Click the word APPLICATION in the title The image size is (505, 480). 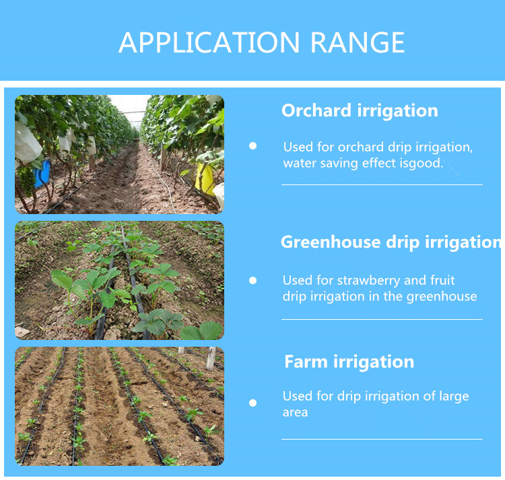point(210,43)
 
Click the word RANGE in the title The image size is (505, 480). point(358,43)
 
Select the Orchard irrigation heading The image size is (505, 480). point(360,111)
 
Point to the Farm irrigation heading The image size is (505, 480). point(349,362)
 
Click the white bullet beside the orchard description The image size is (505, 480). point(253,145)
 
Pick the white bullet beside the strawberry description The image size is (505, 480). point(253,280)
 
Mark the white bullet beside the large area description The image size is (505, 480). point(253,403)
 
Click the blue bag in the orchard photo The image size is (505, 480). point(42,174)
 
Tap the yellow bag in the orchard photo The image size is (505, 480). point(205,179)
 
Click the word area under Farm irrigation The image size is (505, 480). point(295,412)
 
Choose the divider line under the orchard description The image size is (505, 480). point(382,184)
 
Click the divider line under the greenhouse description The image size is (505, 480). point(382,319)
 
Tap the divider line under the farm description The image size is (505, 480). point(382,439)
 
